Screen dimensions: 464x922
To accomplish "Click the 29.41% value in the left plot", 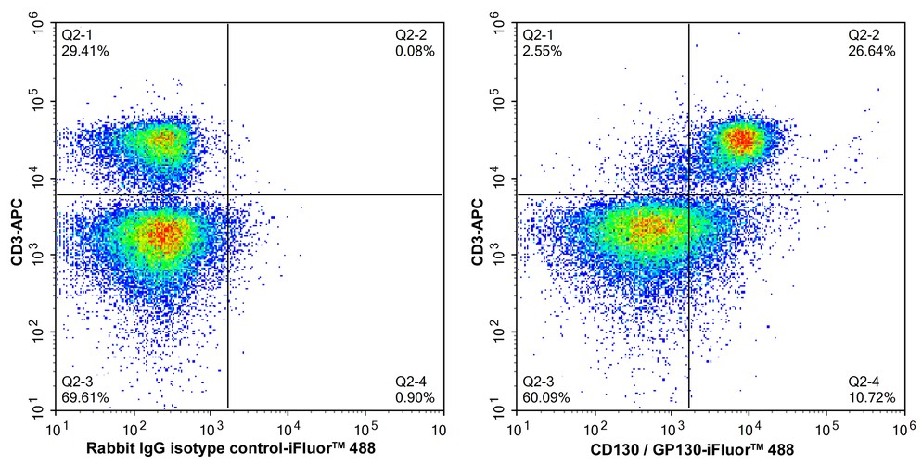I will point(85,51).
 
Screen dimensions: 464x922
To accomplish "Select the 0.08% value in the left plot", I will point(416,51).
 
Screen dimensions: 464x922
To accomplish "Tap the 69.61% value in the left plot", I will point(85,397).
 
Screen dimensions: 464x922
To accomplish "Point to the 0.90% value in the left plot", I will point(416,397).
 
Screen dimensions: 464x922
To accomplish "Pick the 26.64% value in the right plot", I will point(873,51).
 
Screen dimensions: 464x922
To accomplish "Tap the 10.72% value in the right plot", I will point(873,397).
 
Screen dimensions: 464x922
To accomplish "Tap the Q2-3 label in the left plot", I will point(78,382).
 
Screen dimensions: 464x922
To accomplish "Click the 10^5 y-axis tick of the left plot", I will point(40,101).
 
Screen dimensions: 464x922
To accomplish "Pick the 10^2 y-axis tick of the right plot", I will point(502,330).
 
